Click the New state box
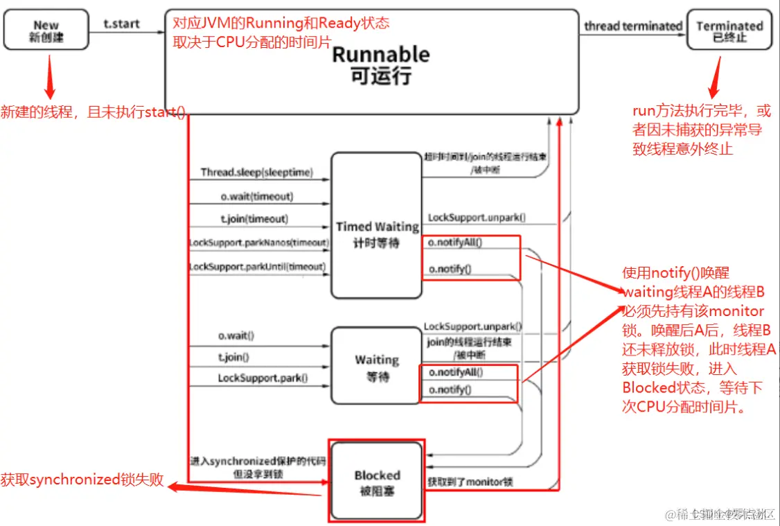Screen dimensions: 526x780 point(46,30)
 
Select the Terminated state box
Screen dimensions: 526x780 point(729,30)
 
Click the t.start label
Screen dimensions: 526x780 point(121,24)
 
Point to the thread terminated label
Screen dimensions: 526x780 point(632,26)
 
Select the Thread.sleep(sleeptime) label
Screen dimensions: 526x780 point(256,172)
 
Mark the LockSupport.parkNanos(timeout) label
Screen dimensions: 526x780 point(258,243)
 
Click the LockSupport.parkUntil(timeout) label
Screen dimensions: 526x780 point(257,267)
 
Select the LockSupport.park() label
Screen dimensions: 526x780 point(263,378)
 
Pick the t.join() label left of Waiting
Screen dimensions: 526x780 point(233,358)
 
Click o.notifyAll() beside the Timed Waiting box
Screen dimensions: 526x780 point(455,243)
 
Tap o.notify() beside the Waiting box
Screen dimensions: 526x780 point(450,390)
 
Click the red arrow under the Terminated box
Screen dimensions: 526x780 point(716,78)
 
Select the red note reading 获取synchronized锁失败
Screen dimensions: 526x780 point(82,479)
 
